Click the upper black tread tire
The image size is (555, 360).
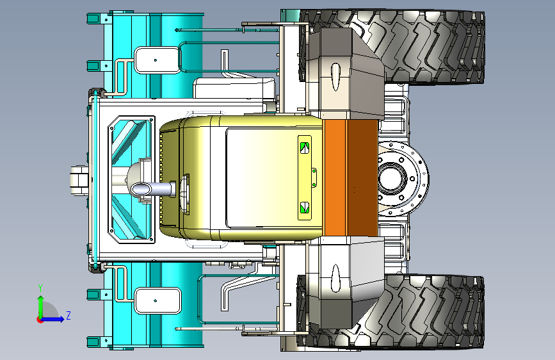pos(425,46)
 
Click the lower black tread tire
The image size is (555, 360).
pos(425,312)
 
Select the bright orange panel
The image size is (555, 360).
pos(335,178)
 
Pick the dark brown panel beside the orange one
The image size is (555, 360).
pos(362,178)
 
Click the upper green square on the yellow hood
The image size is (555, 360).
pos(305,148)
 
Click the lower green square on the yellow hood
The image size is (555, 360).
pos(305,208)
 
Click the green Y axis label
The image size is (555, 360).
pos(40,288)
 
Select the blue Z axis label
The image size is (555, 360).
pos(68,315)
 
